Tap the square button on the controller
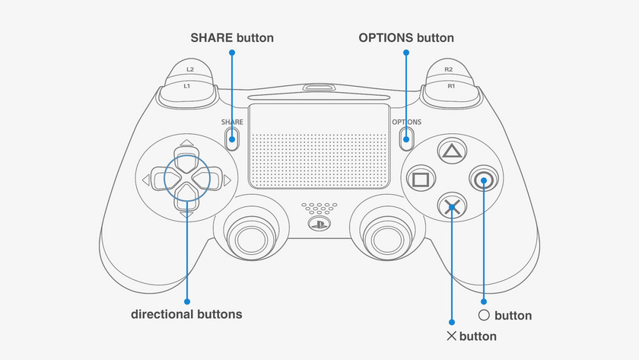[x=419, y=180]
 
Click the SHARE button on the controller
[x=233, y=138]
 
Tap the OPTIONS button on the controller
[x=406, y=138]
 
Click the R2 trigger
[x=450, y=71]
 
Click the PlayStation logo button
[x=319, y=225]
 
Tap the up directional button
[x=185, y=158]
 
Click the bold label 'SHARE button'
[x=232, y=37]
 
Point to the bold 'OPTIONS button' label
[x=406, y=37]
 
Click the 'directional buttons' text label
[x=186, y=314]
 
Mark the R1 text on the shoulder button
[x=450, y=86]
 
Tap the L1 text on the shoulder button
[x=188, y=86]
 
